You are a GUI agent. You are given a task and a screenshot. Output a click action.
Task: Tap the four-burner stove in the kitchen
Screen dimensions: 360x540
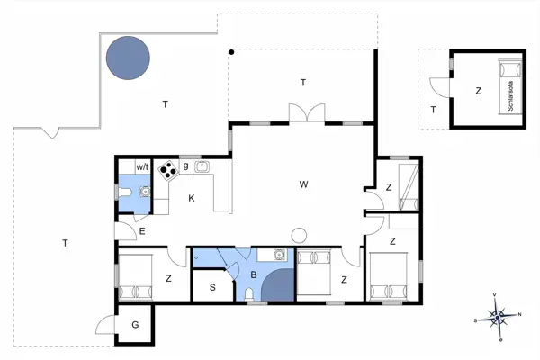[x=167, y=171]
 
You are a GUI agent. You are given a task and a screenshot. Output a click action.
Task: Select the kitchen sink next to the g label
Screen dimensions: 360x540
[x=202, y=166]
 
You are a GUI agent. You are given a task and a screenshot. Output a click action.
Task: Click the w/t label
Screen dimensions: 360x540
[x=142, y=167]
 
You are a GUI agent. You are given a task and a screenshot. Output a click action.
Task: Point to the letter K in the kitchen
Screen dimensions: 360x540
[x=192, y=198]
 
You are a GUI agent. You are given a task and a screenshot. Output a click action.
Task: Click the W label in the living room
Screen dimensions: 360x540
[x=304, y=184]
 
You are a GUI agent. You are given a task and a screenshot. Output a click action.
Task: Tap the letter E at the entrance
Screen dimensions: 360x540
[x=142, y=232]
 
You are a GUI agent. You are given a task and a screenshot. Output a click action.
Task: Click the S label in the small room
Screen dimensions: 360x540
[x=212, y=288]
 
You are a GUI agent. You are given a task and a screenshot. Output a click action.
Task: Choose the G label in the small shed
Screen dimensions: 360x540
[x=134, y=324]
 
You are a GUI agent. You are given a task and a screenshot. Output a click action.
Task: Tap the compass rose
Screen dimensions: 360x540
[x=496, y=316]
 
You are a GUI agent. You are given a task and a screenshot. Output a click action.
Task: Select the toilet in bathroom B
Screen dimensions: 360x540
[x=249, y=294]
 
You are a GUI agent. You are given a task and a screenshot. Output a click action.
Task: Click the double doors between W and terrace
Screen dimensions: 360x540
[x=303, y=112]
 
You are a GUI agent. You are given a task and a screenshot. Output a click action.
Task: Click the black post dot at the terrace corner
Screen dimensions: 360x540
[x=231, y=51]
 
